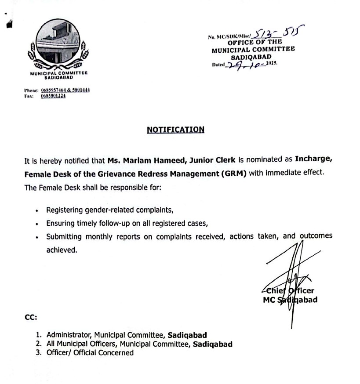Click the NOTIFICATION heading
175,130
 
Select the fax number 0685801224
53,96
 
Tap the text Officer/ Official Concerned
90,353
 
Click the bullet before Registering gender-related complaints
37,211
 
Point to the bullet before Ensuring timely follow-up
37,224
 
